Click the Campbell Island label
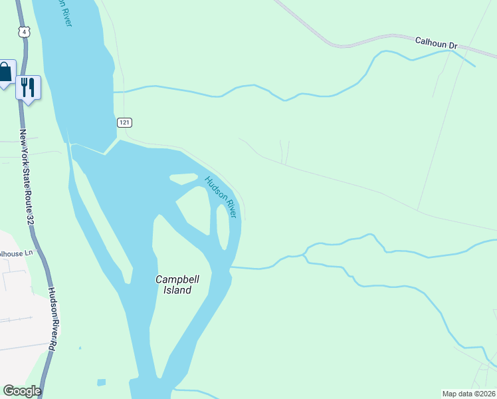tap(173, 285)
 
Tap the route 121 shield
tap(126, 122)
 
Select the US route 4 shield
tap(25, 31)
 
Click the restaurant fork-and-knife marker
tap(28, 86)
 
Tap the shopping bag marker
tap(5, 72)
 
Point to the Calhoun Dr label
tap(437, 43)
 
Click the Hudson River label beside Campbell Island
tap(221, 197)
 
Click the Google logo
tap(22, 391)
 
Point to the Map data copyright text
tap(469, 393)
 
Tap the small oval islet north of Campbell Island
tap(184, 178)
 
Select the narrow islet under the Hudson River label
tap(223, 226)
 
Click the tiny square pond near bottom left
tap(101, 382)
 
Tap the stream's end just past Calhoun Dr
tap(473, 65)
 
